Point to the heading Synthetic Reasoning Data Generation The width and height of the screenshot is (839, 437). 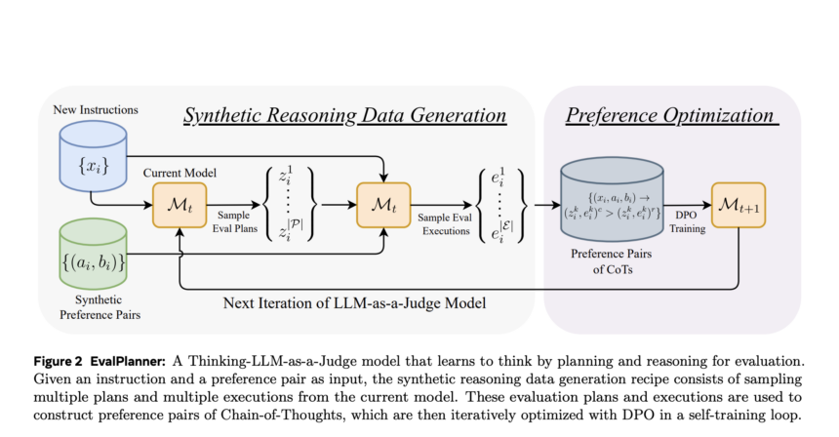346,117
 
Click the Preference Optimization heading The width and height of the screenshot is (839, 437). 671,117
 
